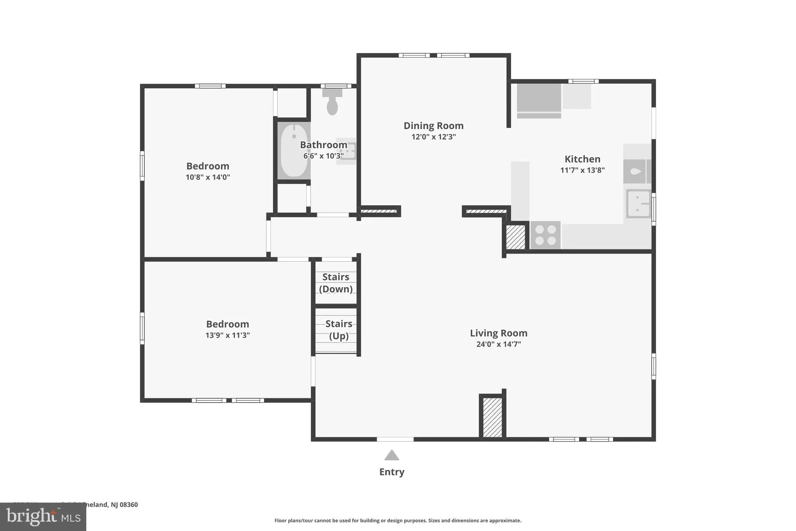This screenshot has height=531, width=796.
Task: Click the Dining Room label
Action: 433,126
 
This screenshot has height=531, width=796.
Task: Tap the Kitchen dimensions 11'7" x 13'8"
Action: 582,170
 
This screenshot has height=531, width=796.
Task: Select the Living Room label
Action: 498,333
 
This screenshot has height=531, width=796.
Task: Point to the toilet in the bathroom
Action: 332,103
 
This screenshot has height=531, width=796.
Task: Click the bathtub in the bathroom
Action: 294,151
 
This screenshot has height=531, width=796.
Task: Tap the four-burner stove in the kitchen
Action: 545,235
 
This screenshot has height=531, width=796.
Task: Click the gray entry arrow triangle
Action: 392,456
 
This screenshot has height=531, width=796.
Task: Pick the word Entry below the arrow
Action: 392,472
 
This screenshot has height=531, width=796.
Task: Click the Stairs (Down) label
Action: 336,283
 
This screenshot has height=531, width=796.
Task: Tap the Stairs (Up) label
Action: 339,329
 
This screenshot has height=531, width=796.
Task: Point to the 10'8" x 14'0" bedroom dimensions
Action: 208,177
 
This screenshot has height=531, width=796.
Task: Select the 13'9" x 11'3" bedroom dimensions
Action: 227,335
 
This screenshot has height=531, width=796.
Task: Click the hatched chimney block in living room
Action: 492,417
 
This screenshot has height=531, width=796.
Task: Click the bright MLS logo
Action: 43,517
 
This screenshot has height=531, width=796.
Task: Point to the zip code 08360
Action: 129,505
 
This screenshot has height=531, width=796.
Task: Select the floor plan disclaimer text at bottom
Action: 398,520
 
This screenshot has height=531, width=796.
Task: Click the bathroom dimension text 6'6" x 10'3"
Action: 323,156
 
